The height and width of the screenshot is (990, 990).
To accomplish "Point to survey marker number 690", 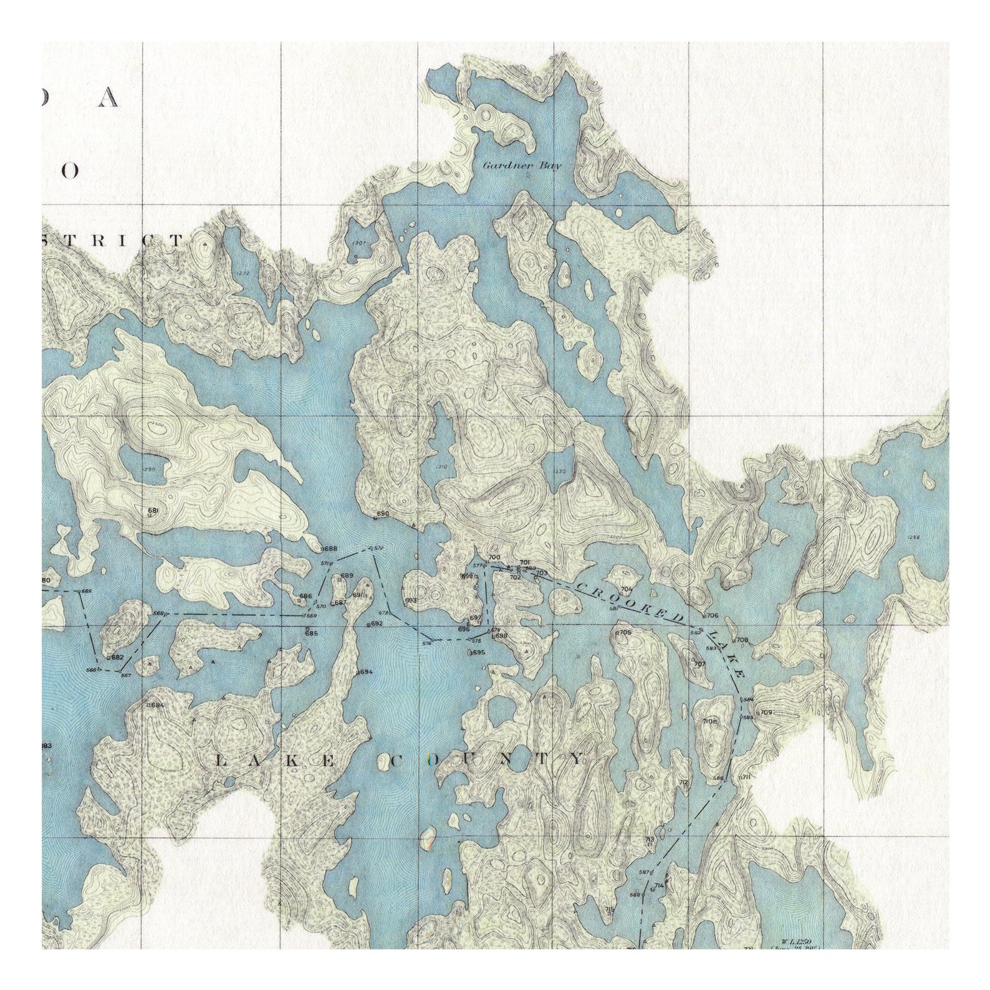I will pos(382,514).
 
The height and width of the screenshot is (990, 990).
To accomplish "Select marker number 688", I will pos(329,549).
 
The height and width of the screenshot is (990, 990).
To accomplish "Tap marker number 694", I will pos(365,672).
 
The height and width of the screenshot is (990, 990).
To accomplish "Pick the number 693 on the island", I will pos(411,600).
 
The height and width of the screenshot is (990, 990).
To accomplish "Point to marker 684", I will pos(156,705).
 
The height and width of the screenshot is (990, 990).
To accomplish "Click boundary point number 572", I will pos(378,547).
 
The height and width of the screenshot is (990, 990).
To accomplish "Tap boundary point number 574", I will pos(428,643).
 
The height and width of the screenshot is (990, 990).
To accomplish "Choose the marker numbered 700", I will pos(495,557).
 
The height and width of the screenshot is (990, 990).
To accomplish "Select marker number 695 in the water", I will pos(478,652).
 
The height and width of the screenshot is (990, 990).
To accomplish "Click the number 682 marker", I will pos(117,657).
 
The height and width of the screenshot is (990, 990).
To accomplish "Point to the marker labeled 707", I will pos(699,664).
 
